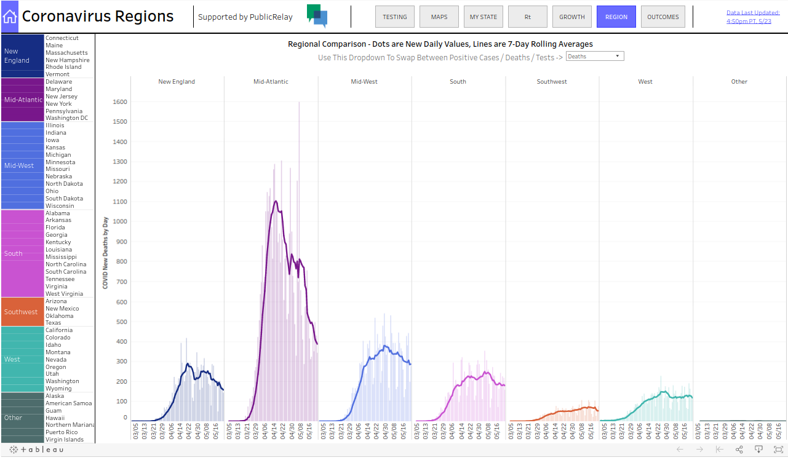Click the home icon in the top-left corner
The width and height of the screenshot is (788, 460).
tap(10, 17)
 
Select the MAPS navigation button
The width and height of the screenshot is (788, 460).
tap(439, 17)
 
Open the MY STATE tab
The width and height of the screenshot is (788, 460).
tap(483, 17)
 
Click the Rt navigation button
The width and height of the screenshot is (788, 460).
tap(527, 17)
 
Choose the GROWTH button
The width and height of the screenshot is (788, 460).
tap(571, 17)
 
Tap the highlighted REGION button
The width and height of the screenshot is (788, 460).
tap(616, 17)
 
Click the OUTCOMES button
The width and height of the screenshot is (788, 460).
tap(663, 17)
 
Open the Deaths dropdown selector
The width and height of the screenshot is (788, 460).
tap(594, 57)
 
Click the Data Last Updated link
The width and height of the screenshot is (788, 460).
tap(752, 17)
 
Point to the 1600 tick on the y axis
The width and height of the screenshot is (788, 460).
tap(119, 102)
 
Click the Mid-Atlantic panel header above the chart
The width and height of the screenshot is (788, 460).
tap(271, 82)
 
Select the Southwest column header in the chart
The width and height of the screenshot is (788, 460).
tap(552, 82)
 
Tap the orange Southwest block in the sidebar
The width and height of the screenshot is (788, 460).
tap(22, 312)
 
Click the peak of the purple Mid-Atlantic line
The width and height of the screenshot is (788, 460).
tap(276, 201)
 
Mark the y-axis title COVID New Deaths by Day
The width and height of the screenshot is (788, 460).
tap(105, 253)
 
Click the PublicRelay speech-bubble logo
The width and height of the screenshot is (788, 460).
tap(317, 17)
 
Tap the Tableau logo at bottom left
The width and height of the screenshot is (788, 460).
tap(36, 450)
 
